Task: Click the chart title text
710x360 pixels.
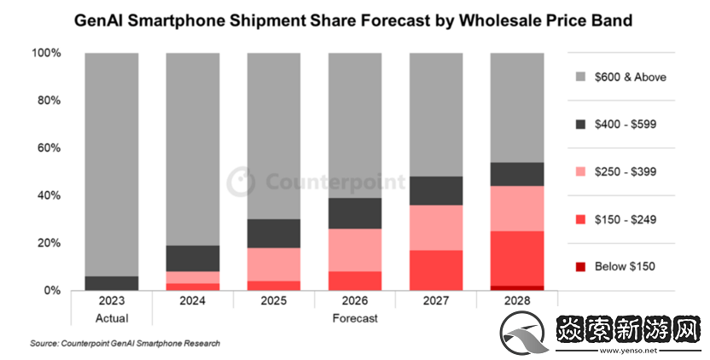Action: point(353,19)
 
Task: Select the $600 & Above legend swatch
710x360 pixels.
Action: point(582,77)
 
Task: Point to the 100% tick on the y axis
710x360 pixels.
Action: point(46,53)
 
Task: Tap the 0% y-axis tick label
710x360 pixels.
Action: point(52,291)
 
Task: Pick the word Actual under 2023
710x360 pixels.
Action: point(113,318)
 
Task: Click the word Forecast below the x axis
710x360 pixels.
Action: point(355,318)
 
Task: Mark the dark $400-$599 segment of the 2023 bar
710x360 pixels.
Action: point(113,283)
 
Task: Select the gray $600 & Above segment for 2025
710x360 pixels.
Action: point(275,136)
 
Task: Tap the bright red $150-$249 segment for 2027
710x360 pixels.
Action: point(436,270)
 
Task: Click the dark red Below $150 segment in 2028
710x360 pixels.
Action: point(517,288)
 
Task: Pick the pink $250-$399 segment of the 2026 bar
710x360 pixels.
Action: point(355,250)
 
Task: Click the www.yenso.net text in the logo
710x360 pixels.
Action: point(627,350)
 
